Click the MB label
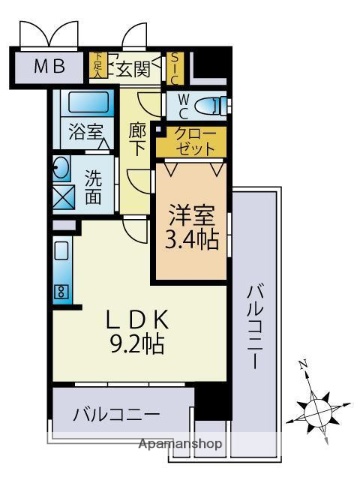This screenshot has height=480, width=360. (x=49, y=67)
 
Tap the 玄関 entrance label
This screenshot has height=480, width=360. (x=132, y=69)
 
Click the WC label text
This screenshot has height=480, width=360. (x=183, y=103)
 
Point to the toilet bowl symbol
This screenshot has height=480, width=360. (x=209, y=103)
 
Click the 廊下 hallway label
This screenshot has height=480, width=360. (x=138, y=139)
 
